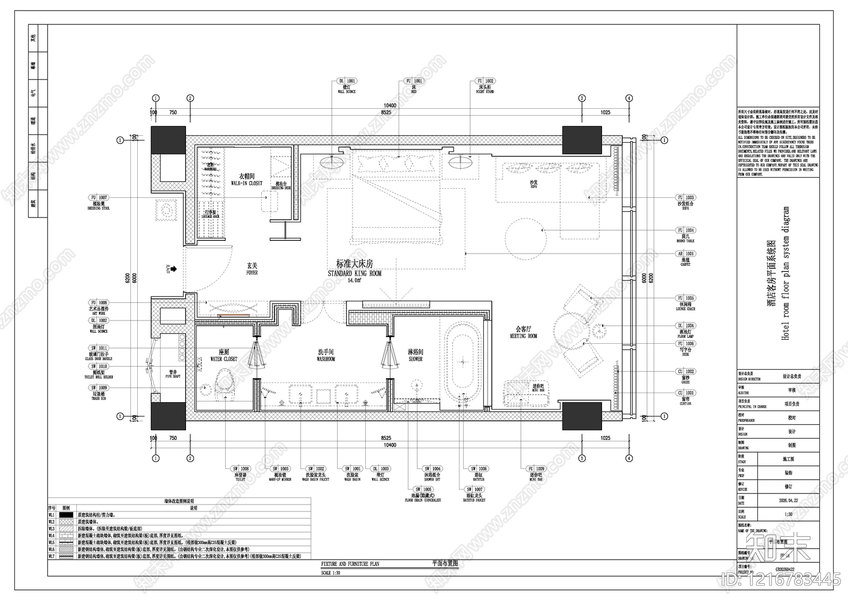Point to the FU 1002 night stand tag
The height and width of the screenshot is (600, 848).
pos(485,81)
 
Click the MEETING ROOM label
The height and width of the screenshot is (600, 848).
pos(523,332)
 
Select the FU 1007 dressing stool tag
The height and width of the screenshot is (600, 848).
pos(99,197)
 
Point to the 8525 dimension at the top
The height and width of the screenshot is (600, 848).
pos(386,112)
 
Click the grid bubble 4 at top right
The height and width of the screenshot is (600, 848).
pos(629,98)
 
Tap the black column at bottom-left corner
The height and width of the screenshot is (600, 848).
pos(168,416)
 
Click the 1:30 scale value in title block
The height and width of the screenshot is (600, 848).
pos(789,514)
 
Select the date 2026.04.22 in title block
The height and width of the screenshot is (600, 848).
pos(789,500)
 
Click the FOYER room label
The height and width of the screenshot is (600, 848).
pos(252,269)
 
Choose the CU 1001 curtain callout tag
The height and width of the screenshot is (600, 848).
pos(685,393)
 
